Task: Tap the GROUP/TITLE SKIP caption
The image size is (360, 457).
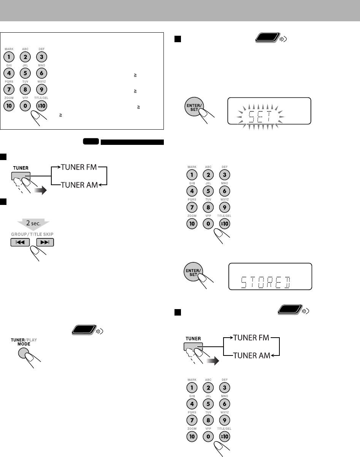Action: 32,234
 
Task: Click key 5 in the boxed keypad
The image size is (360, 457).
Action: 25,73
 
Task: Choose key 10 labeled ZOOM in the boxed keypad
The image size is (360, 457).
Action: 9,105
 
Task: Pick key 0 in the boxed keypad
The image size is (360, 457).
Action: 25,105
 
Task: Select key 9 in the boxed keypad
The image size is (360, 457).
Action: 41,89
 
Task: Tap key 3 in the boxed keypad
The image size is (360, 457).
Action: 41,57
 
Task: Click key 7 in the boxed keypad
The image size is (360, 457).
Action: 9,89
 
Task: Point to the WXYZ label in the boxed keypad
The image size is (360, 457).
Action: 41,81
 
